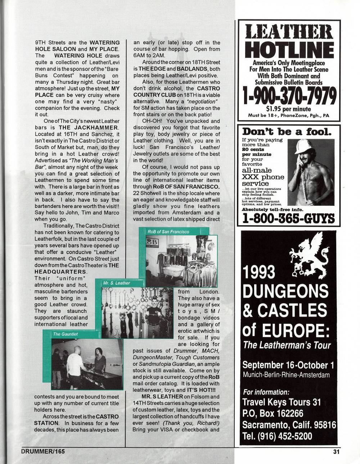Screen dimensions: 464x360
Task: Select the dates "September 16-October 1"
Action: coord(288,365)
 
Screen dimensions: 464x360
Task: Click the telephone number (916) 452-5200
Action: coord(278,436)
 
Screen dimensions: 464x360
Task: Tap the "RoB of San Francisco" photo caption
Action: coord(168,232)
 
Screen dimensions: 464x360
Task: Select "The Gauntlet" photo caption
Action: coord(65,334)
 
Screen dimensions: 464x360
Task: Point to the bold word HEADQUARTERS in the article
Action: coord(60,272)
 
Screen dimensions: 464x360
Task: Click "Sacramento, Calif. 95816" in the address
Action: coord(289,425)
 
